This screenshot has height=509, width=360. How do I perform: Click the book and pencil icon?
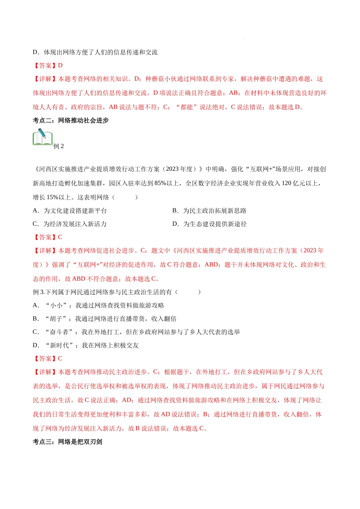pyautogui.click(x=42, y=137)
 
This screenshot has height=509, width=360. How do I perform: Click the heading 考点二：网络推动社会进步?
pyautogui.click(x=70, y=120)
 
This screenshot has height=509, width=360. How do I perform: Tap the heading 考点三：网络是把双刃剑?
pyautogui.click(x=67, y=442)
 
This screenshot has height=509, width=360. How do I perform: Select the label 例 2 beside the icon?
pyautogui.click(x=59, y=146)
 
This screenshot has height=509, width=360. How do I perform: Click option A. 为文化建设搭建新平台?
pyautogui.click(x=70, y=211)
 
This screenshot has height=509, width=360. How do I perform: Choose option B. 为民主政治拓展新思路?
pyautogui.click(x=209, y=211)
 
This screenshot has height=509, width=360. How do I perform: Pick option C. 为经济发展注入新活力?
pyautogui.click(x=70, y=224)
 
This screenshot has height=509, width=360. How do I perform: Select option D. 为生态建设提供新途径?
pyautogui.click(x=209, y=224)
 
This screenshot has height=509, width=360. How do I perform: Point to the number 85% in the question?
pyautogui.click(x=161, y=183)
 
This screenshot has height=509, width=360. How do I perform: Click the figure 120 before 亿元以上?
pyautogui.click(x=286, y=183)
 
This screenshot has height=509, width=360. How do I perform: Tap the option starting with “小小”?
pyautogui.click(x=99, y=305)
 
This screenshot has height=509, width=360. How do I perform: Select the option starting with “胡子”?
pyautogui.click(x=105, y=319)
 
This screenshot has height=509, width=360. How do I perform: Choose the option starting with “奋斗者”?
pyautogui.click(x=136, y=332)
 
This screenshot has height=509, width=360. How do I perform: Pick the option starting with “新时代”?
pyautogui.click(x=86, y=345)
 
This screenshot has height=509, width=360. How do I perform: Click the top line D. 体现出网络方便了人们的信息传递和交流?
pyautogui.click(x=95, y=52)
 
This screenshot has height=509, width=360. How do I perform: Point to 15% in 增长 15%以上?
pyautogui.click(x=53, y=197)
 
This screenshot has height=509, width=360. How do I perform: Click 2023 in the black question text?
pyautogui.click(x=172, y=169)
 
